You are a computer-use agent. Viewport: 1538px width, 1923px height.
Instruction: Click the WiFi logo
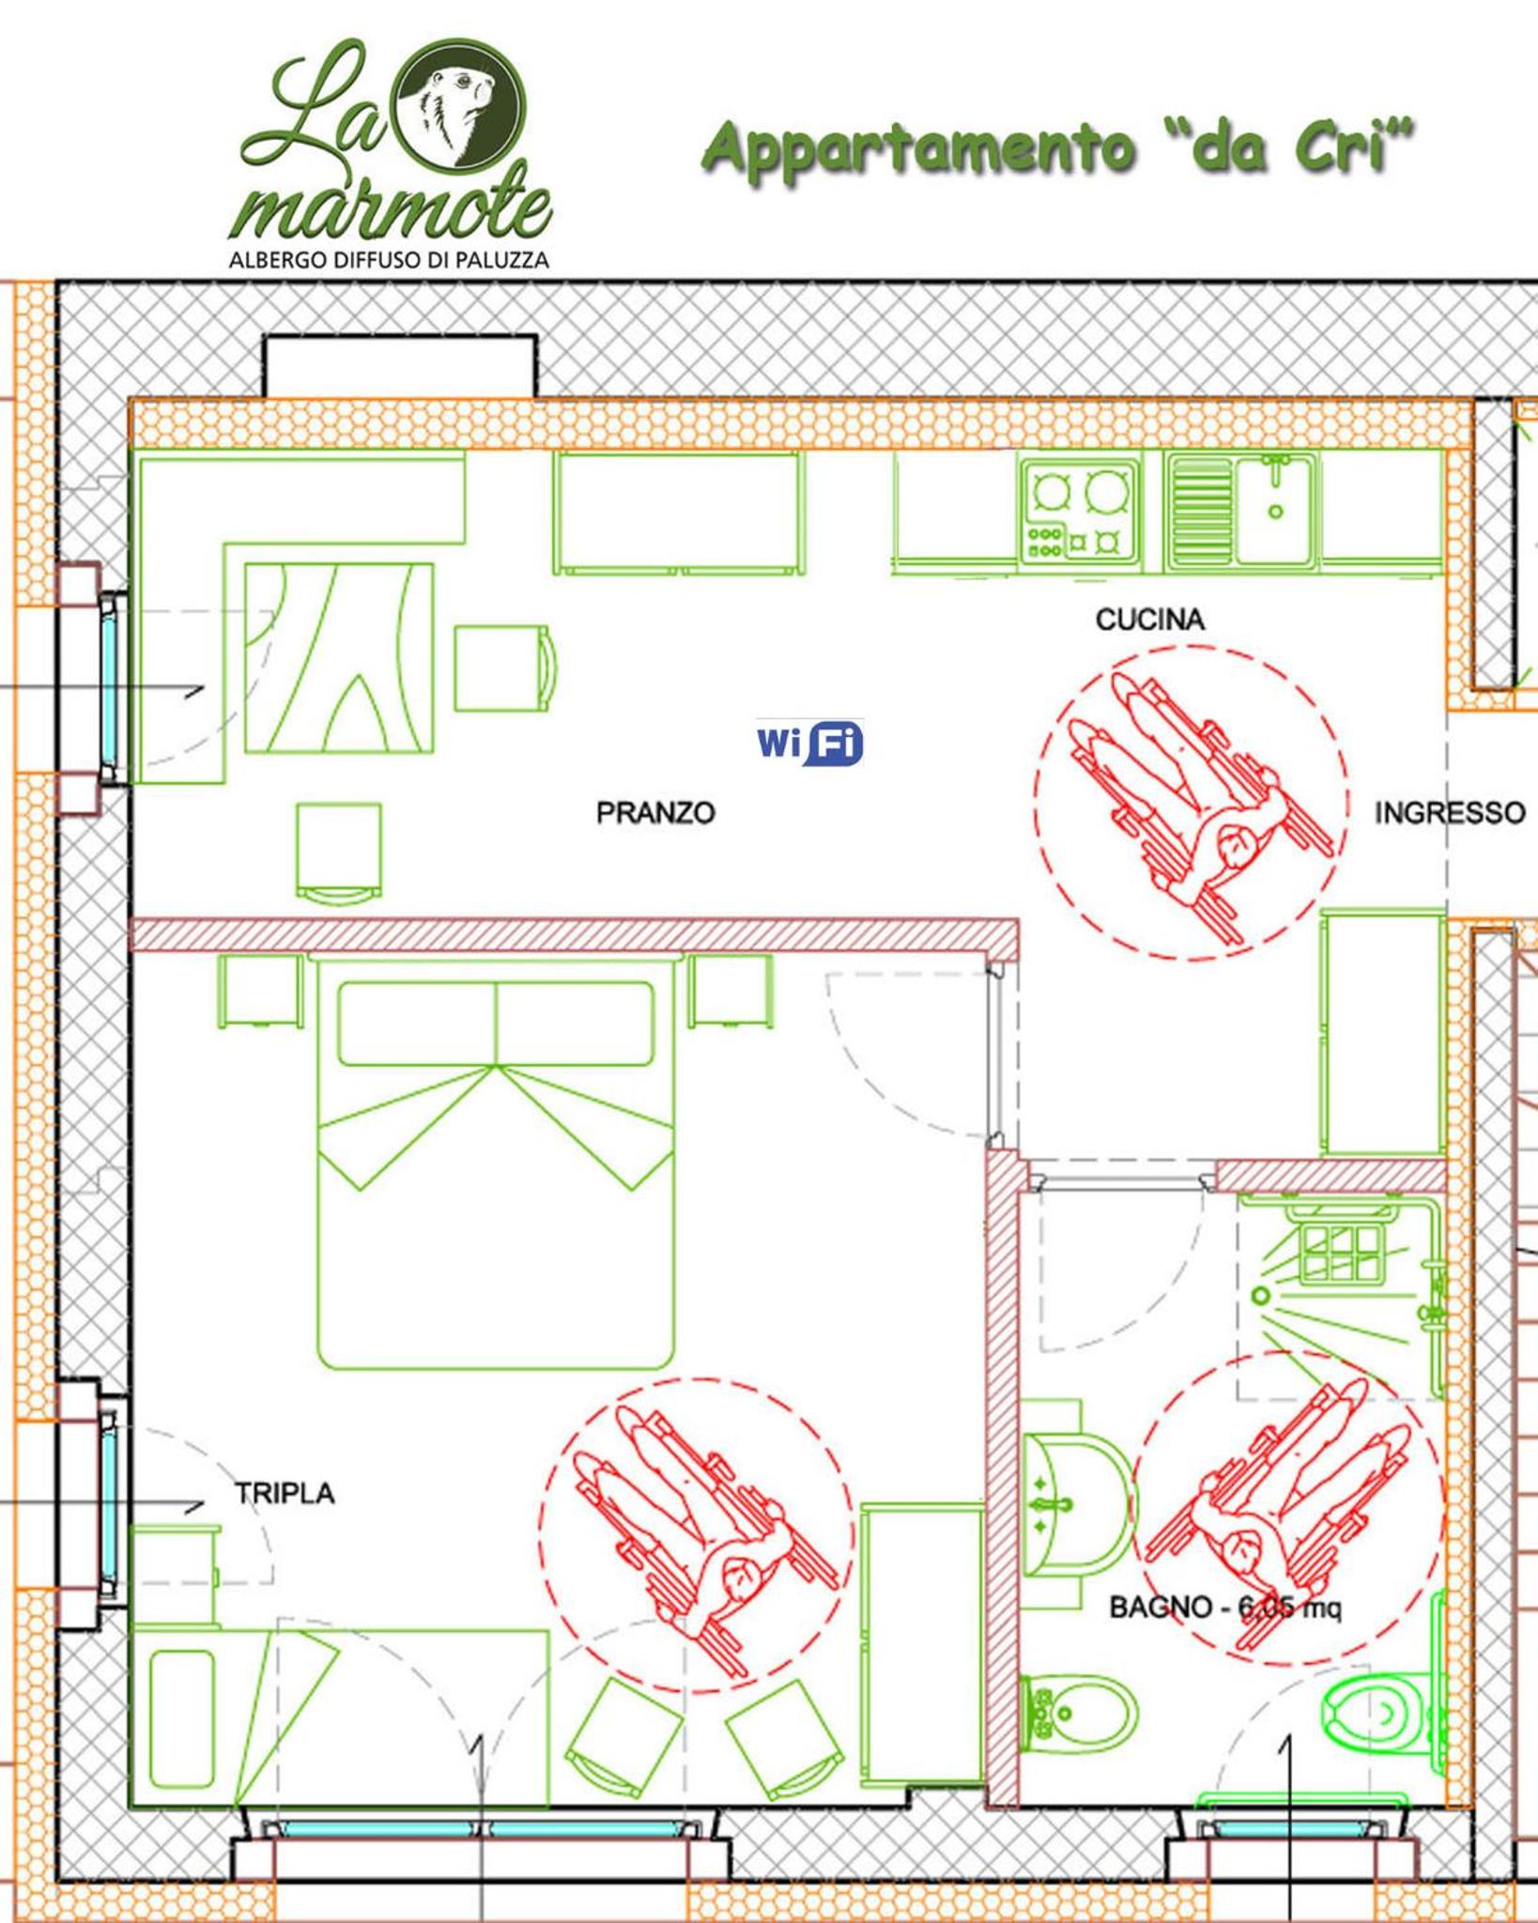coord(809,744)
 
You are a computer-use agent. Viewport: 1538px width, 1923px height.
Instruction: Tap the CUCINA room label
coord(1149,619)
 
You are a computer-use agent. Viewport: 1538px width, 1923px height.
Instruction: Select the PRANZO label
coord(655,812)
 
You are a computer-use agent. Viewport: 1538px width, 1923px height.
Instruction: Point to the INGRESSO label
coord(1450,812)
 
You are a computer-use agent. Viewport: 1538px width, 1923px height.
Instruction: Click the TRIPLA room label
coord(285,1493)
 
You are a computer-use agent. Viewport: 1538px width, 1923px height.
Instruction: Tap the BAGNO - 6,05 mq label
coord(1225,1608)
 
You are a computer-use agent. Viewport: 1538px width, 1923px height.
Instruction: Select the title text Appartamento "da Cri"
coord(1058,148)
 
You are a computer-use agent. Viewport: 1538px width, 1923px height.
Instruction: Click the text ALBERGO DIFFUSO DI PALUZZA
coord(389,259)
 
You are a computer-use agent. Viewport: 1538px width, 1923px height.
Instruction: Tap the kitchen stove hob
coord(1079,510)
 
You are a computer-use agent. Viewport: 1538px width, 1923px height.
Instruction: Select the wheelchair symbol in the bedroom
coord(697,1535)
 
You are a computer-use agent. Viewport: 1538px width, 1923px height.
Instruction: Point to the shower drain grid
coord(1342,1254)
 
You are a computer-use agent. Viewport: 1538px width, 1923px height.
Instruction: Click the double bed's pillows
coord(496,1023)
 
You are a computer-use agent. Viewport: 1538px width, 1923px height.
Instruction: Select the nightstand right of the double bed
coord(731,992)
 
